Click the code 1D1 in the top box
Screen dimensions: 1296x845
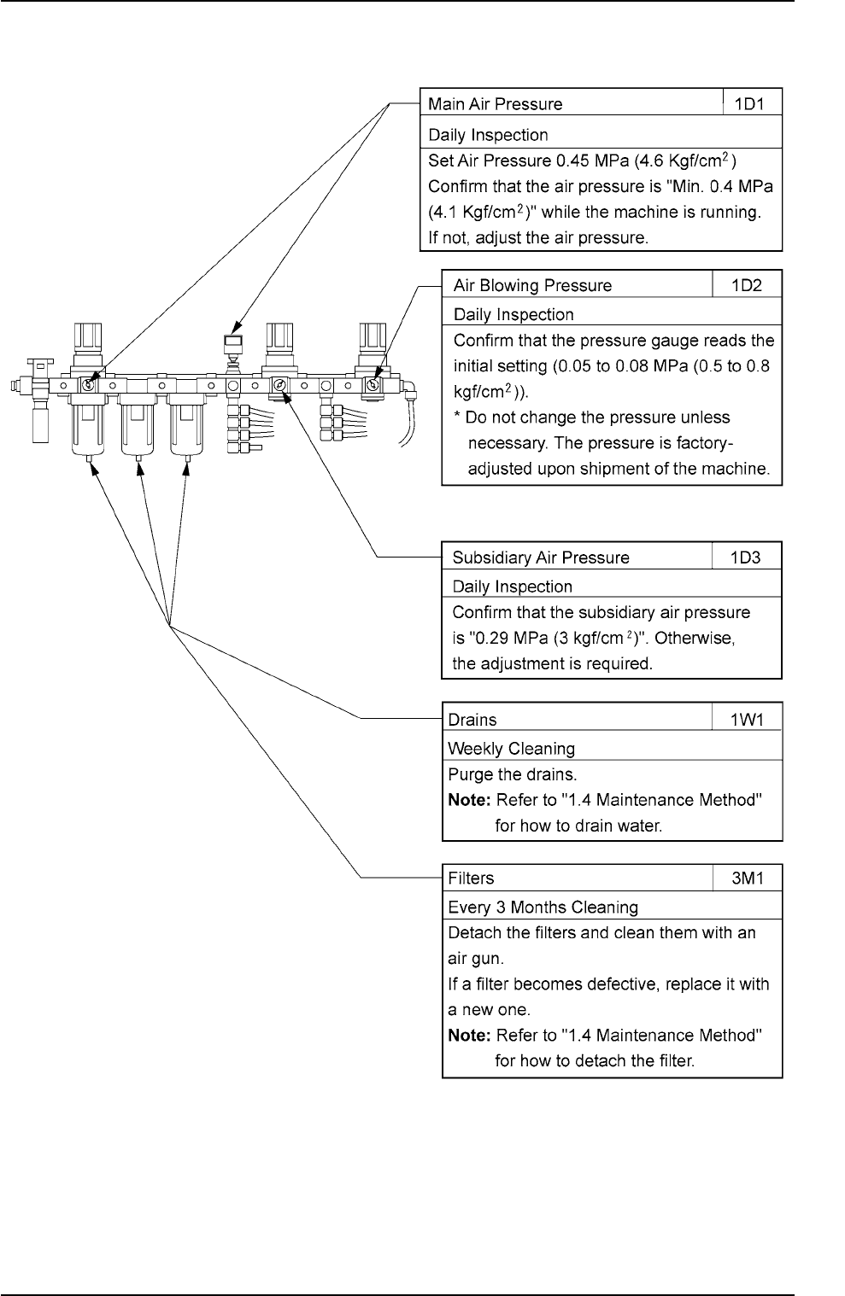pos(753,104)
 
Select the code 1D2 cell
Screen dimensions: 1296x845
pos(746,285)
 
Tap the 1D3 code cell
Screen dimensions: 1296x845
pos(746,558)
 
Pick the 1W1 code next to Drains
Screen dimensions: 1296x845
pos(747,719)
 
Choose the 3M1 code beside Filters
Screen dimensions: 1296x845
pos(747,878)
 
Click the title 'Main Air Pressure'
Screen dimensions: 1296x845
pos(495,104)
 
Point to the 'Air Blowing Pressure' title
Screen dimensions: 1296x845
pos(532,285)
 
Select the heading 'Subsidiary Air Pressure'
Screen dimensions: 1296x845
pos(540,558)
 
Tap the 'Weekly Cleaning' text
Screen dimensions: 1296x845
pos(511,749)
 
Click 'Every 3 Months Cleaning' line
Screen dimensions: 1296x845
pos(543,907)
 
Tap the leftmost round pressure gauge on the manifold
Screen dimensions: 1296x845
pos(88,385)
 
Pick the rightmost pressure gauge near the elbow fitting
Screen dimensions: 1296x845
pos(373,386)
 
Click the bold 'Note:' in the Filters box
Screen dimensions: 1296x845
pos(469,1035)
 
